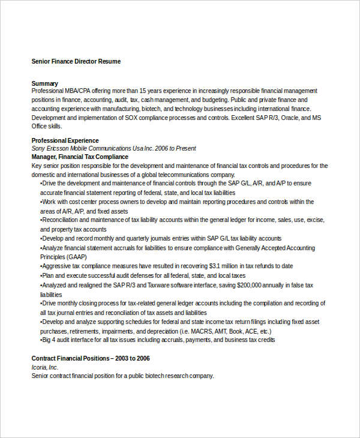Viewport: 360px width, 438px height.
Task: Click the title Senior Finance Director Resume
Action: (x=76, y=61)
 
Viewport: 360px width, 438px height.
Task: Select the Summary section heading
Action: (x=45, y=83)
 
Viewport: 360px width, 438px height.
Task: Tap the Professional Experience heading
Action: (x=65, y=140)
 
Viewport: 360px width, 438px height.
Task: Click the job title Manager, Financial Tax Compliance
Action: (x=80, y=157)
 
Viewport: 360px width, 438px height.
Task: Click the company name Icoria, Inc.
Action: (x=45, y=367)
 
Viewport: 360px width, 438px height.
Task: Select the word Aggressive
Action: (x=59, y=265)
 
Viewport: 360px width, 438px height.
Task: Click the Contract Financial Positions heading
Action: (x=91, y=359)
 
